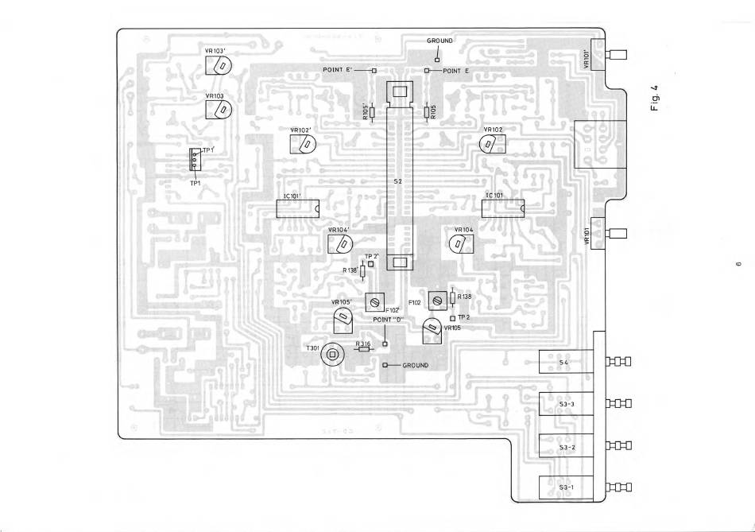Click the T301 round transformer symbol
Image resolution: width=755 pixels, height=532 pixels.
pyautogui.click(x=333, y=355)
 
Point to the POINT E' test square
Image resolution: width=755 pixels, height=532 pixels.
pyautogui.click(x=373, y=71)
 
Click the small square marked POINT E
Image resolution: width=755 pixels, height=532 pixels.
pyautogui.click(x=427, y=71)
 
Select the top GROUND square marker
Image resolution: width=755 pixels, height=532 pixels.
pyautogui.click(x=436, y=59)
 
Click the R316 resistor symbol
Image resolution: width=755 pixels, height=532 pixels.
pyautogui.click(x=364, y=348)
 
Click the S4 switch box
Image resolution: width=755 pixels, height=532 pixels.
pyautogui.click(x=566, y=363)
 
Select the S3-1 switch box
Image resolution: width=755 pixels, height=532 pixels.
pyautogui.click(x=566, y=487)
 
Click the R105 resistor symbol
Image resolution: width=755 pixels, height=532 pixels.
pyautogui.click(x=427, y=112)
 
